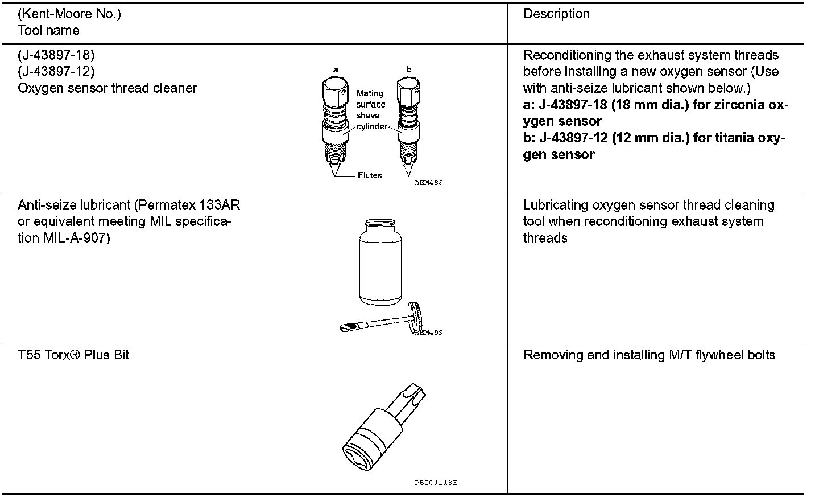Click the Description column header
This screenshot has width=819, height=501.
click(x=556, y=14)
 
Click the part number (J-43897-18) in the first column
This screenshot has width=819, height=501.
click(x=56, y=55)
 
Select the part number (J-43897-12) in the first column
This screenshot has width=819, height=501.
click(x=56, y=72)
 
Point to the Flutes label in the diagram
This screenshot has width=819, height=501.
click(x=370, y=175)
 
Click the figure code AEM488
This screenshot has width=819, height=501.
click(x=428, y=183)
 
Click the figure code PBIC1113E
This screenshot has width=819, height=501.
click(x=436, y=482)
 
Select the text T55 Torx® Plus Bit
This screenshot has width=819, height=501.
click(x=73, y=355)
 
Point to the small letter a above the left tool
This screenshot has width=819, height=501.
click(x=336, y=69)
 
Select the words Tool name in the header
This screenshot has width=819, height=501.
click(x=49, y=30)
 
